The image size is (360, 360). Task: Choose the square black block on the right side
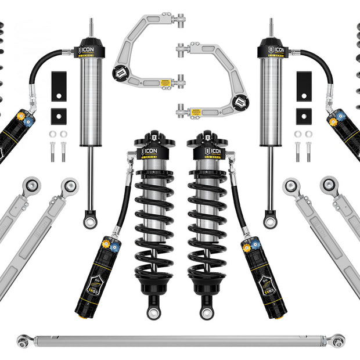pos(303,116)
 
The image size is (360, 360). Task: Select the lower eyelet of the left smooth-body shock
pos(89,220)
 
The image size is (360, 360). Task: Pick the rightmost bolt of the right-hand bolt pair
pos(308,152)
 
